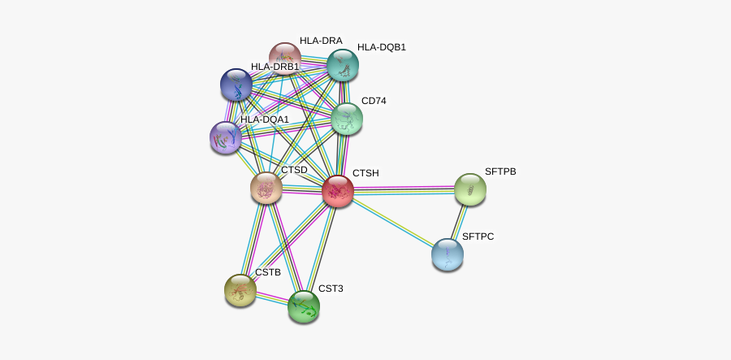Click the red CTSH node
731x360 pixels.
[337, 192]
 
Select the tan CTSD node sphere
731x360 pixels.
[266, 188]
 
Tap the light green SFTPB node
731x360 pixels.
[469, 189]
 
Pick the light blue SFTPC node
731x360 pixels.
[448, 254]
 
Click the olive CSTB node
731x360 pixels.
[240, 290]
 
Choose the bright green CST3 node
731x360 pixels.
[304, 306]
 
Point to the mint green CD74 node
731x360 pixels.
[347, 119]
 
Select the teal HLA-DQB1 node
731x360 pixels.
[343, 64]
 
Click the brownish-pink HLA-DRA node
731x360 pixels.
[284, 57]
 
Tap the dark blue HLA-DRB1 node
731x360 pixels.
[236, 85]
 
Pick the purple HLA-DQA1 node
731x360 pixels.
[225, 137]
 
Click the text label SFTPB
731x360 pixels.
[500, 172]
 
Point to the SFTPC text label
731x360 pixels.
[478, 237]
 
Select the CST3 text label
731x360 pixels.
[330, 288]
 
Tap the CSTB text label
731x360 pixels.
[267, 272]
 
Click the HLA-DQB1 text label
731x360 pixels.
[381, 47]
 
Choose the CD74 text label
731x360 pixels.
[374, 102]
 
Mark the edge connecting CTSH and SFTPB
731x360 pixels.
[404, 190]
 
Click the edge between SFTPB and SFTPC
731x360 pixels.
[459, 221]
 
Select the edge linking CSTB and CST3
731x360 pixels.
[272, 298]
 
